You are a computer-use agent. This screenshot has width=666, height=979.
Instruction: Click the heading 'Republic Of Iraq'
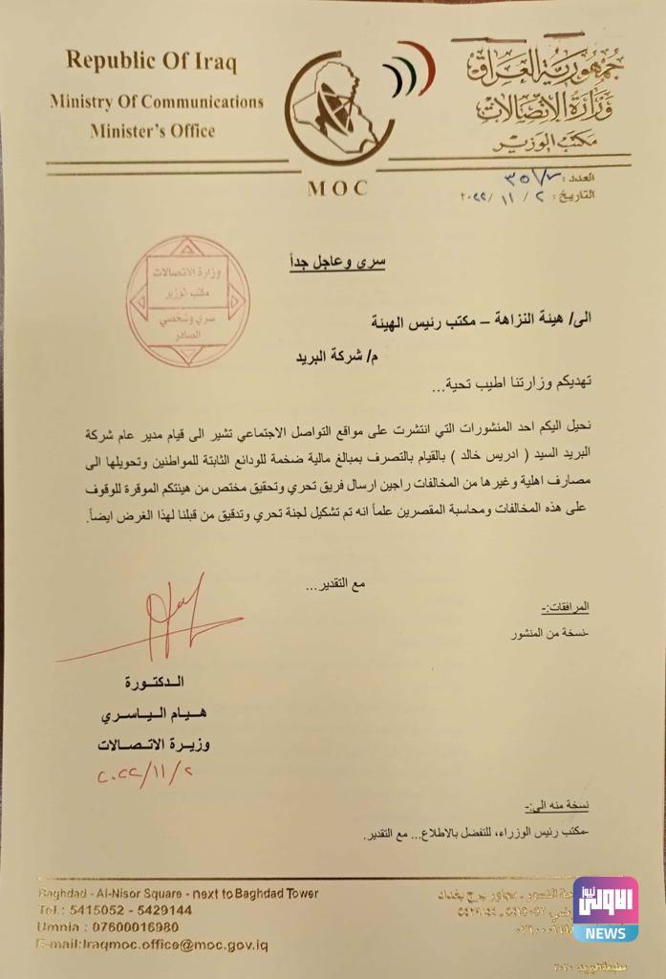point(151,63)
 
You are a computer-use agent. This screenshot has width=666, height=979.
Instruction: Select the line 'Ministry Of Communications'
point(156,101)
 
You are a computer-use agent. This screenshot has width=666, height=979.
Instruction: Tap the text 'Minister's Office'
point(153,131)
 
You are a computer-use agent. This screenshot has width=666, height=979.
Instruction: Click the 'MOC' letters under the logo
point(337,188)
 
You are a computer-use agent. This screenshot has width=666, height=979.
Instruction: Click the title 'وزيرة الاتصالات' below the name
point(157,743)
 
